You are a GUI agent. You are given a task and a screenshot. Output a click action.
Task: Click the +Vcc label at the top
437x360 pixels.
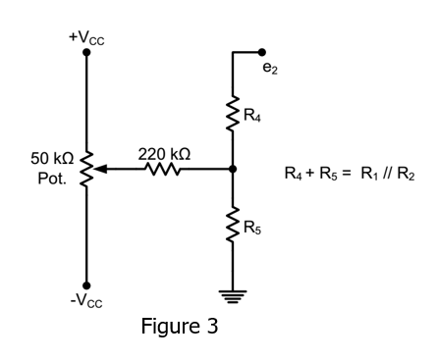[86, 37]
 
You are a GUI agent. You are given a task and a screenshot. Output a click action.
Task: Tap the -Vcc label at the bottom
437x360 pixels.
[86, 300]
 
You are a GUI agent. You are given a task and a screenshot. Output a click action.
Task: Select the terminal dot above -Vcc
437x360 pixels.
[86, 284]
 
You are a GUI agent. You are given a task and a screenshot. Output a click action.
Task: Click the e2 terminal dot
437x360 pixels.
[262, 51]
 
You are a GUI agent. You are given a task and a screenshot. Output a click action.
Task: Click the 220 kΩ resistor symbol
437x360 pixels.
[163, 170]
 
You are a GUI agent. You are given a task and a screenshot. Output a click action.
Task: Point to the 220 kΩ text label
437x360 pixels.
[164, 154]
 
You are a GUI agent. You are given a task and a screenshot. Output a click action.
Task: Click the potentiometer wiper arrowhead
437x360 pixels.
[100, 170]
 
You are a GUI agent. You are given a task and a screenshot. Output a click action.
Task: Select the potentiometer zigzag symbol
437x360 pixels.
[86, 170]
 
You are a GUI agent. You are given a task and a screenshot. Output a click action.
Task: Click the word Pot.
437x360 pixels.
[52, 180]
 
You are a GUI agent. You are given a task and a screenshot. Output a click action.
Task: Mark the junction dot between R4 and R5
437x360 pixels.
[233, 170]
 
